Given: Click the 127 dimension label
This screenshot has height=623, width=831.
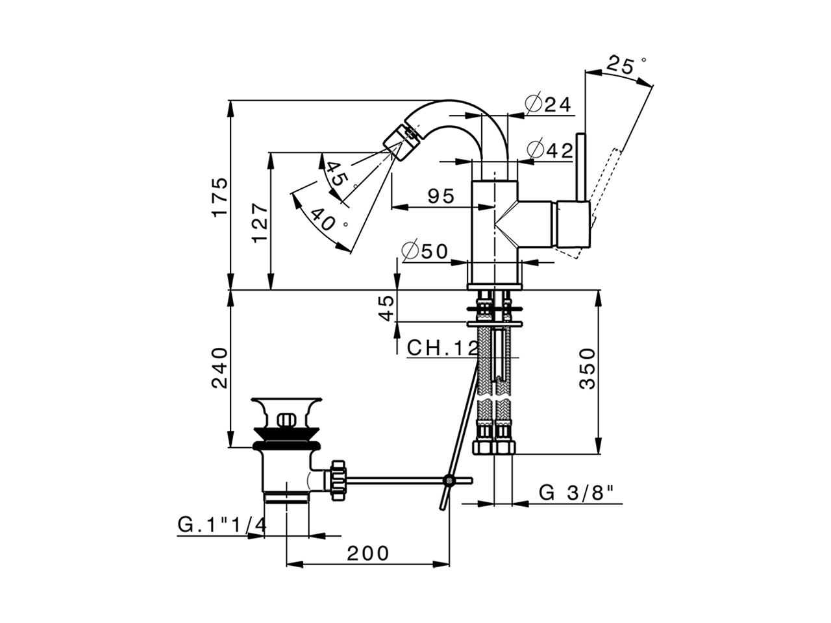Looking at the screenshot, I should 259,223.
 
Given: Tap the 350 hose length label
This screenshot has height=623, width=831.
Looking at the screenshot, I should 587,368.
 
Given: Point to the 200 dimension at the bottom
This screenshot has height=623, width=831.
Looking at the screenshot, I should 367,554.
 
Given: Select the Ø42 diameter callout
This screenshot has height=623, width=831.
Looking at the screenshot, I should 551,150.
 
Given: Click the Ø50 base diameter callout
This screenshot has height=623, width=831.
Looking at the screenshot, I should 425,251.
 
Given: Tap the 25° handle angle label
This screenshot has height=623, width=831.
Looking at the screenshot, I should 625,64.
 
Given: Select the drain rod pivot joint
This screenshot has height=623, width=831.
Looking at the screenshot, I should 449,481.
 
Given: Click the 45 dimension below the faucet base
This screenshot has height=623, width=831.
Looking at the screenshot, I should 387,307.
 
